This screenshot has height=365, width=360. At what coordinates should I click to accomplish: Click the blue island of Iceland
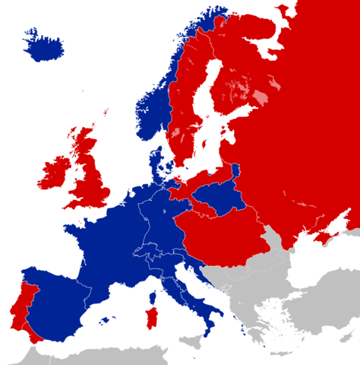click(x=44, y=47)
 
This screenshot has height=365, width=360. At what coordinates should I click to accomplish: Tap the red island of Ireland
click(x=55, y=173)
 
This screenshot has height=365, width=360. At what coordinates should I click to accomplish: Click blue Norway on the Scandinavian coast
click(x=152, y=106)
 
